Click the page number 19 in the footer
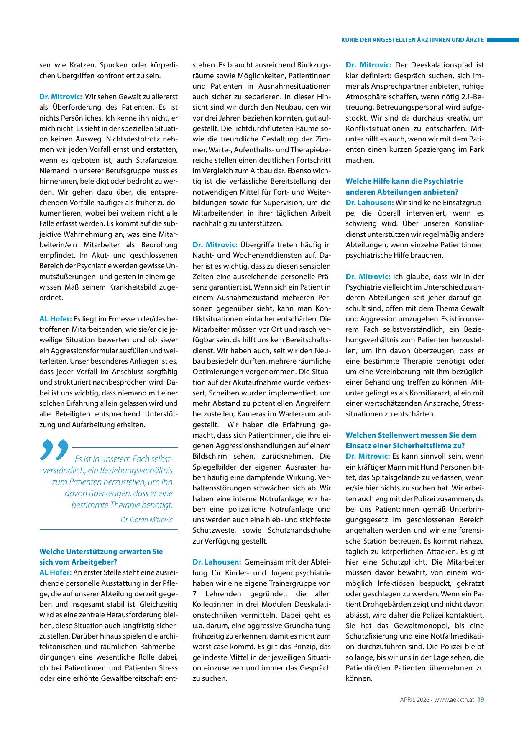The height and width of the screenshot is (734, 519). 481,699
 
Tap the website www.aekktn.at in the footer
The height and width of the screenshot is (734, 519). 454,699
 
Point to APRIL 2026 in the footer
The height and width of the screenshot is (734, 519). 414,699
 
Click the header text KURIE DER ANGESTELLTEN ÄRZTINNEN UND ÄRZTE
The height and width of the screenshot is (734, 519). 412,40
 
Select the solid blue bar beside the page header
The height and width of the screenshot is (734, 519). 502,40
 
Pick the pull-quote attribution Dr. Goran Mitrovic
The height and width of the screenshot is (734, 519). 146,520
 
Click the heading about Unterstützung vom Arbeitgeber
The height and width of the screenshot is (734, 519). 101,557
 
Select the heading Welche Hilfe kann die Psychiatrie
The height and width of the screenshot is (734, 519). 404,181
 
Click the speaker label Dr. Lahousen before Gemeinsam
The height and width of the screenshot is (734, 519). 217,562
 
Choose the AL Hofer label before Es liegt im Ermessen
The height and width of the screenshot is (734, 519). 56,318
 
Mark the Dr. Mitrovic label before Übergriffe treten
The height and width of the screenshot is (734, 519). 215,245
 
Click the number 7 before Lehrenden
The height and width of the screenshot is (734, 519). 195,594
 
